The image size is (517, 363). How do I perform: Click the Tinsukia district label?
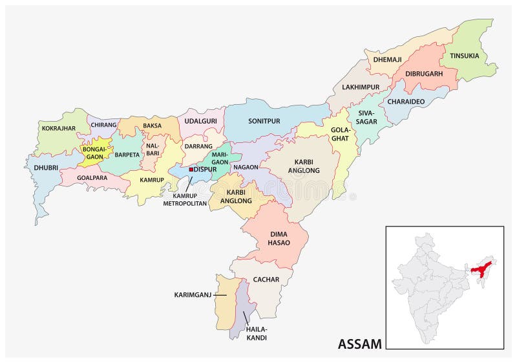click(x=465, y=56)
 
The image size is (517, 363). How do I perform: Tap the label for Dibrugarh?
click(x=423, y=74)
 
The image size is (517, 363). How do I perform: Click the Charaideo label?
click(x=406, y=101)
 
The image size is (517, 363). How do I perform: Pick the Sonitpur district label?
click(x=264, y=120)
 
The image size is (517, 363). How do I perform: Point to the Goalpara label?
click(x=92, y=176)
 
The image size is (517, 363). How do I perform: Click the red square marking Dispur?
click(x=191, y=170)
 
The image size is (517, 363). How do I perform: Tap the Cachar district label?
click(x=266, y=280)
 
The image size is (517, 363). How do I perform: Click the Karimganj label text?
click(x=193, y=295)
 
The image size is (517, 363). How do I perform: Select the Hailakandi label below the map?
click(x=256, y=333)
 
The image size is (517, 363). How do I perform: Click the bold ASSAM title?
click(x=359, y=344)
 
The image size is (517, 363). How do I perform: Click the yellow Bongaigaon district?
click(x=94, y=153)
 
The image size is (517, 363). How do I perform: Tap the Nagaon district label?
click(x=246, y=167)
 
